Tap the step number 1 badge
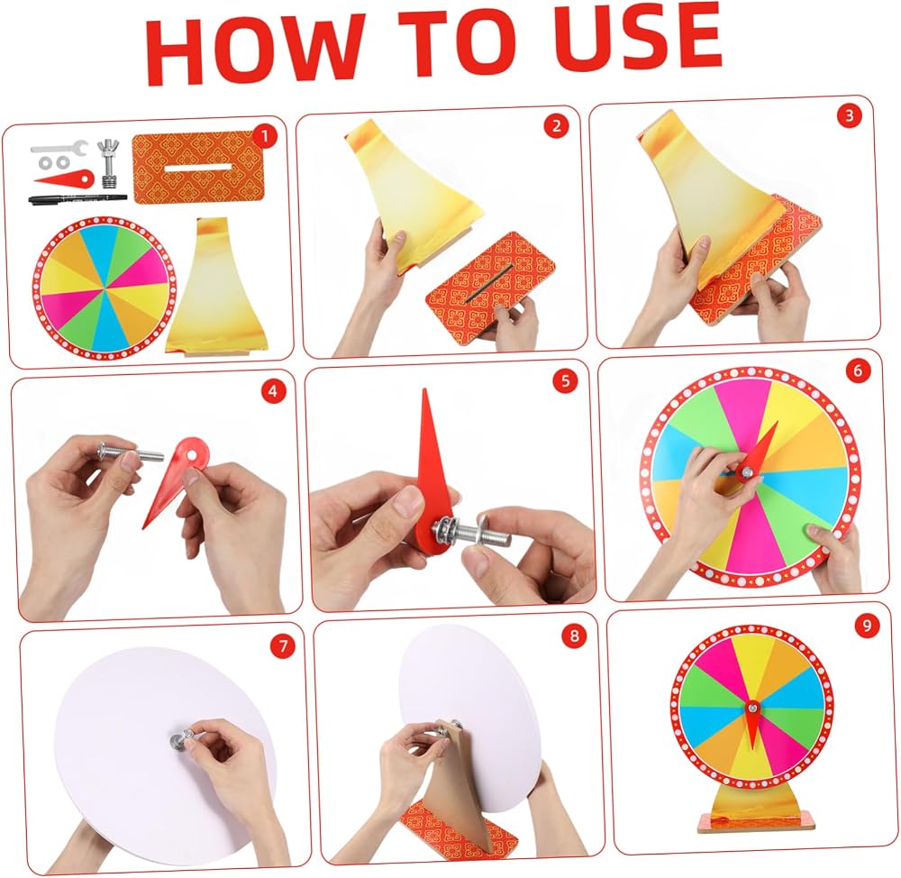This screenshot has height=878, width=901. [264, 136]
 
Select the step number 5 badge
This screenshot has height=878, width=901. [565, 380]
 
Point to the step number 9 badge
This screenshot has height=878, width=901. [867, 625]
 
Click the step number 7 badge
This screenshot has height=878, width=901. [283, 645]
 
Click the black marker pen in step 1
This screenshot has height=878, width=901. [77, 199]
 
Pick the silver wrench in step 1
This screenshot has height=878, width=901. [59, 149]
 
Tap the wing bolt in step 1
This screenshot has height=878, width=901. [108, 163]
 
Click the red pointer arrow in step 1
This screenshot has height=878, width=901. [64, 178]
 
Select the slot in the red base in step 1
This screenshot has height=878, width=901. [194, 168]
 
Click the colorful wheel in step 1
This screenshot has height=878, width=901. [105, 288]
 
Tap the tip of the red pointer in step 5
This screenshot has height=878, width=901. [424, 390]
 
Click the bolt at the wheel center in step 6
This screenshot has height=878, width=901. [745, 472]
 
